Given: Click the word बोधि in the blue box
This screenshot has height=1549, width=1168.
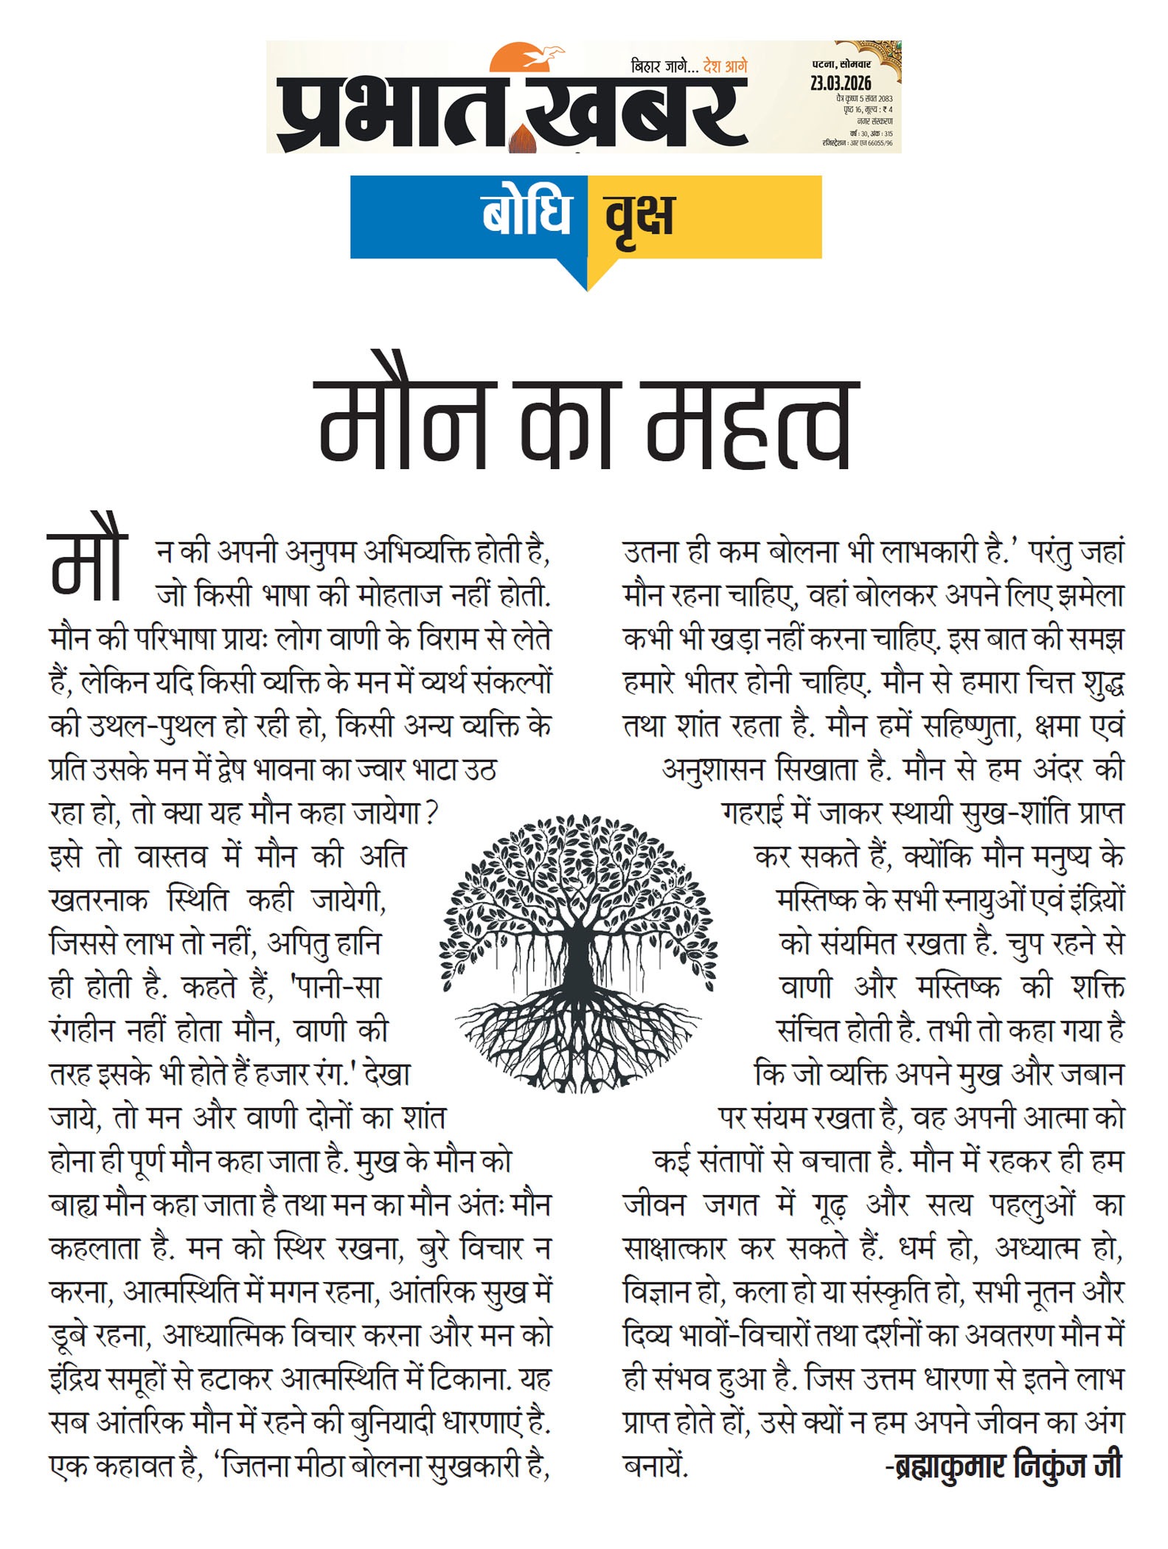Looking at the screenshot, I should point(526,215).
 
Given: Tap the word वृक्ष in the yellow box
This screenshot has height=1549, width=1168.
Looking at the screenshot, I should point(639,217).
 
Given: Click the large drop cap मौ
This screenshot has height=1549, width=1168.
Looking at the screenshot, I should point(87,564).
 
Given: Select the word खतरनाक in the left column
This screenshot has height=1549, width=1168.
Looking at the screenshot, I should point(99,901).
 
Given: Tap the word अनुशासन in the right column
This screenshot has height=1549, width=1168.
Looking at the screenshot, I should point(712,770).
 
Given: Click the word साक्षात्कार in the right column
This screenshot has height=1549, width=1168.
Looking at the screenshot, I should point(675,1248).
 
